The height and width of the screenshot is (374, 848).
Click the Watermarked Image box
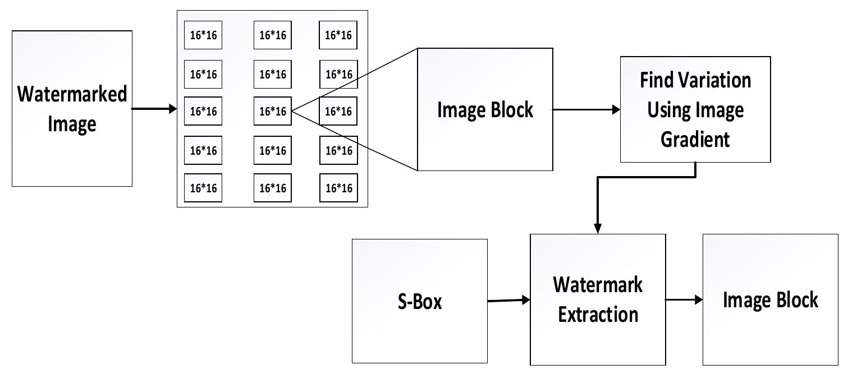pyautogui.click(x=72, y=108)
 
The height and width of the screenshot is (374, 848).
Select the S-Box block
pyautogui.click(x=419, y=301)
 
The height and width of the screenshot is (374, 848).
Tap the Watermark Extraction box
pyautogui.click(x=598, y=299)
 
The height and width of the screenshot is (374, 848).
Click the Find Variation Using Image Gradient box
pyautogui.click(x=695, y=109)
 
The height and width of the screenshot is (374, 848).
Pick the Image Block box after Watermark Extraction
pyautogui.click(x=770, y=299)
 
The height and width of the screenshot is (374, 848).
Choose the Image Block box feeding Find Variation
pyautogui.click(x=485, y=109)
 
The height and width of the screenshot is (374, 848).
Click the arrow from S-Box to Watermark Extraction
pyautogui.click(x=508, y=301)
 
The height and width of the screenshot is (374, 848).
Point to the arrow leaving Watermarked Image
pyautogui.click(x=154, y=109)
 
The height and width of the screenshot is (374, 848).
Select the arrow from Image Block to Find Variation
pyautogui.click(x=586, y=109)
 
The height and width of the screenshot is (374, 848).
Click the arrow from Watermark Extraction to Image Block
pyautogui.click(x=684, y=299)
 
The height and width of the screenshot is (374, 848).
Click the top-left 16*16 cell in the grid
pyautogui.click(x=203, y=35)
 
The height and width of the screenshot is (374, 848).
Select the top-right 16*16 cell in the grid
pyautogui.click(x=338, y=35)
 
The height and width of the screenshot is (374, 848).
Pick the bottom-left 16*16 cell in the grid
pyautogui.click(x=203, y=188)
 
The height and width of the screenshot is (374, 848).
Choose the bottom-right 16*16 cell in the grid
pyautogui.click(x=338, y=188)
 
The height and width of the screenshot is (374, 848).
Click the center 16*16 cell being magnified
pyautogui.click(x=273, y=112)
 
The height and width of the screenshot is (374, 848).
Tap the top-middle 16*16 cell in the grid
pyautogui.click(x=273, y=35)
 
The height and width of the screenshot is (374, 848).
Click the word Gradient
pyautogui.click(x=695, y=138)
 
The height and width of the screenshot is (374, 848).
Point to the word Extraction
pyautogui.click(x=598, y=314)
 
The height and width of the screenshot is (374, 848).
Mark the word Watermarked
pyautogui.click(x=72, y=94)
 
